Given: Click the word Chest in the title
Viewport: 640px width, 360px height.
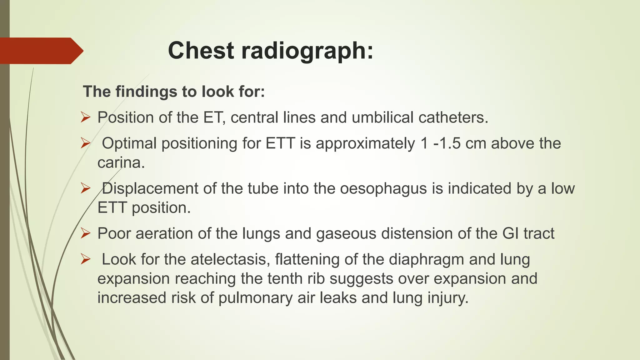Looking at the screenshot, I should pyautogui.click(x=201, y=51).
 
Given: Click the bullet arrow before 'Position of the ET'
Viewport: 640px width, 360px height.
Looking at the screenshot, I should pyautogui.click(x=85, y=117).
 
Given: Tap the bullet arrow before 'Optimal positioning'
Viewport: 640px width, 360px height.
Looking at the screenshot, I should pyautogui.click(x=85, y=143).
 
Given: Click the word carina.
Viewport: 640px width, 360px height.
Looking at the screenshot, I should pyautogui.click(x=121, y=163).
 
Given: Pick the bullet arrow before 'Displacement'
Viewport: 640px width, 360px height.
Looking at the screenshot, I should pyautogui.click(x=85, y=188).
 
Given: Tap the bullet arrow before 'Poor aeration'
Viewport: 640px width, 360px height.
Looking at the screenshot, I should pyautogui.click(x=85, y=233).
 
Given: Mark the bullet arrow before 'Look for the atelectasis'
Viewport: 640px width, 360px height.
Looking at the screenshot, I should pyautogui.click(x=85, y=259).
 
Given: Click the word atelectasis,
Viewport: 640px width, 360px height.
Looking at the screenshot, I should pyautogui.click(x=230, y=259).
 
